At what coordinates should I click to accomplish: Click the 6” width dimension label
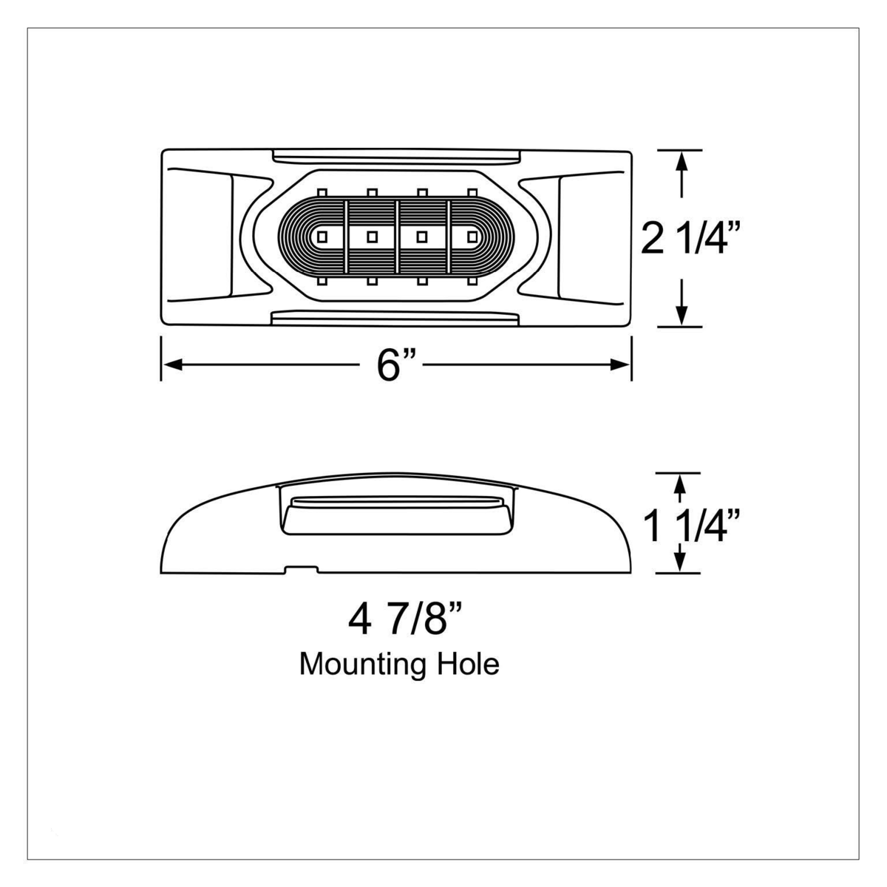point(393,365)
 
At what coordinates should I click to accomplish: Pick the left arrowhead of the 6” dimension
point(171,365)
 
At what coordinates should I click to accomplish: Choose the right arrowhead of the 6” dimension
point(620,365)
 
